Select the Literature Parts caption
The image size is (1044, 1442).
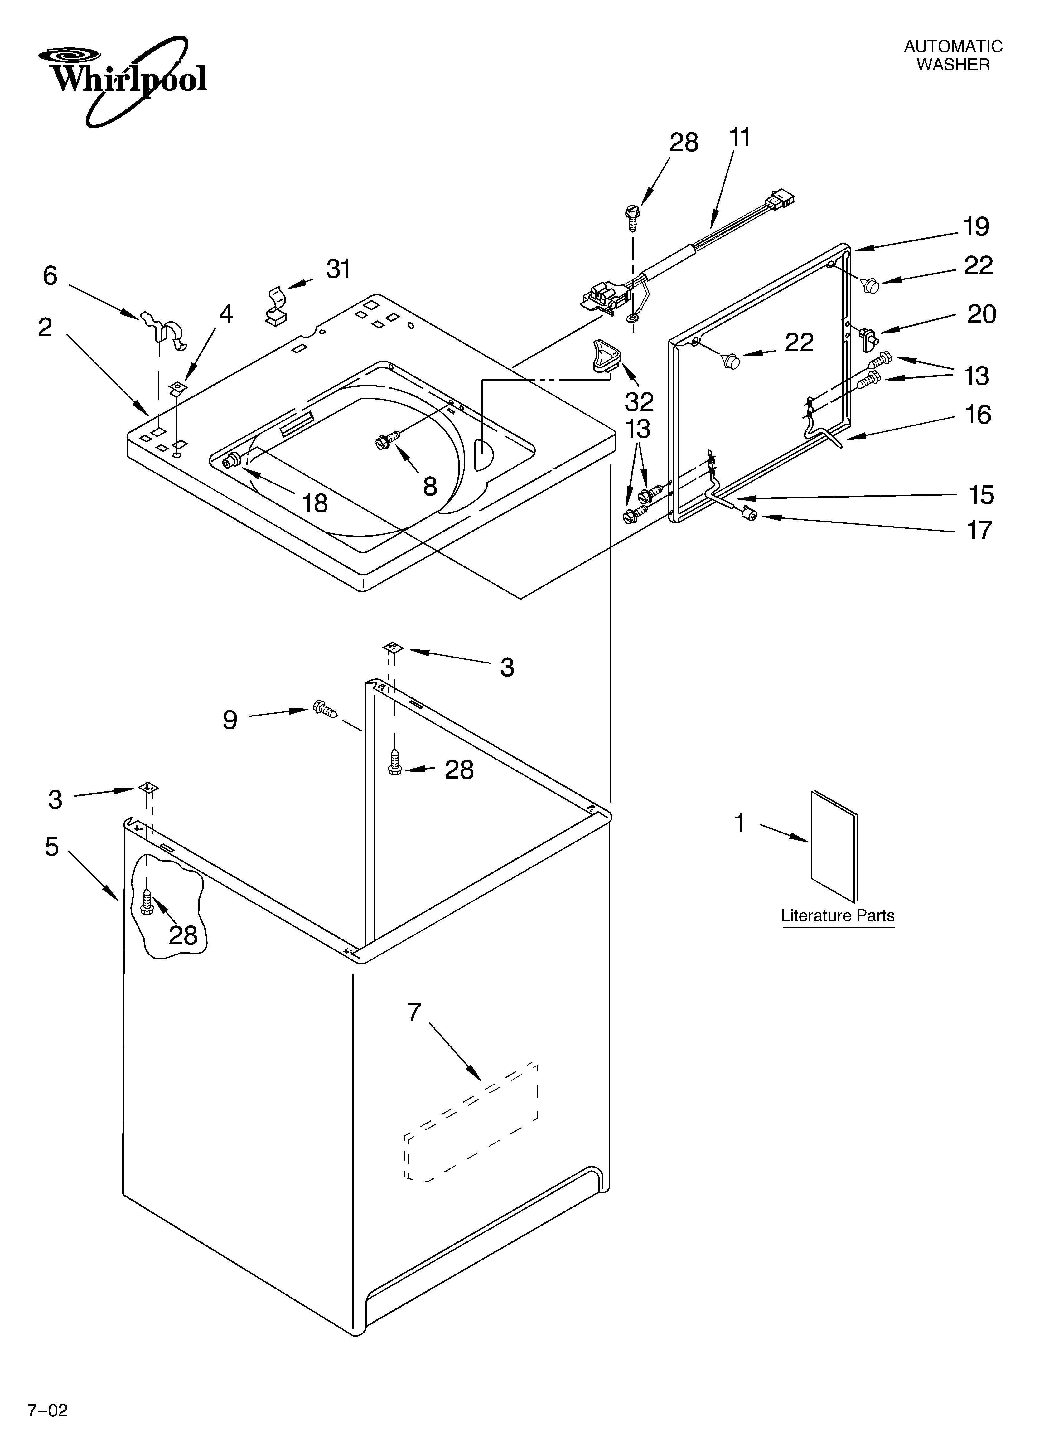point(837,915)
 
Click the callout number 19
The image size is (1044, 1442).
point(976,227)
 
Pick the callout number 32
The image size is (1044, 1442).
point(639,402)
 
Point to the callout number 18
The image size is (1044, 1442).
point(315,503)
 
